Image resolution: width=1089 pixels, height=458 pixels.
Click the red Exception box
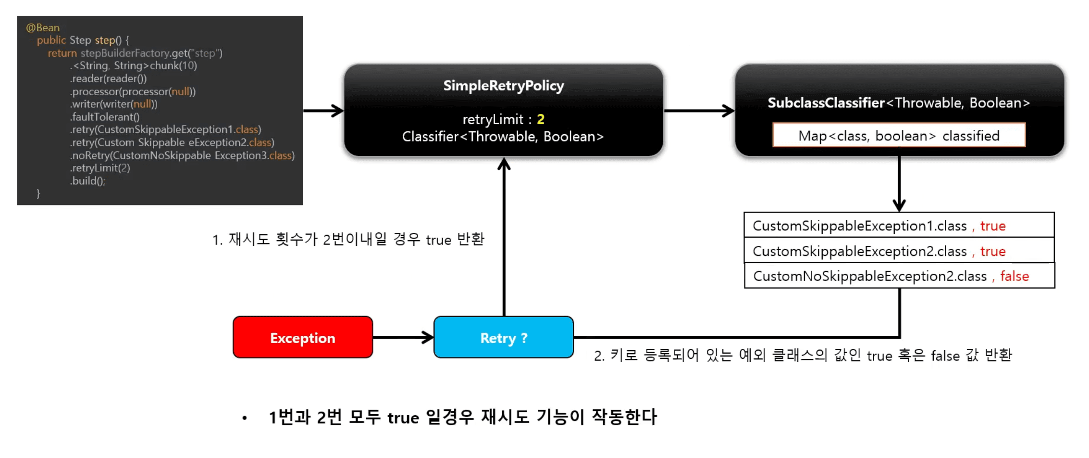(x=303, y=338)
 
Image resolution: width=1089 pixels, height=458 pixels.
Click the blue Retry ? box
(x=503, y=338)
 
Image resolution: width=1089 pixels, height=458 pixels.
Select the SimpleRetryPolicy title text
(x=503, y=86)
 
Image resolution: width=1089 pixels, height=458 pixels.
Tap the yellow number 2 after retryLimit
(x=541, y=119)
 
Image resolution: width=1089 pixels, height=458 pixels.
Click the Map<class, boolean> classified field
(x=899, y=136)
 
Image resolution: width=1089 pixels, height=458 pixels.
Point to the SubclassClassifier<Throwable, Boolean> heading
(x=899, y=103)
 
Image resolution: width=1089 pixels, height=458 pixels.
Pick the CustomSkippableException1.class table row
(x=899, y=226)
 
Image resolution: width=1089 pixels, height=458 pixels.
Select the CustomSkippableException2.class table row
(x=899, y=251)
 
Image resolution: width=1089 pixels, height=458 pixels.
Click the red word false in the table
(x=1015, y=276)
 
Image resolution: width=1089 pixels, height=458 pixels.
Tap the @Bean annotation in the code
(x=43, y=28)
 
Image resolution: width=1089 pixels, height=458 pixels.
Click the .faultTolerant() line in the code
(x=105, y=117)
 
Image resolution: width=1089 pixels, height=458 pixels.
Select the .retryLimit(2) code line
(x=100, y=168)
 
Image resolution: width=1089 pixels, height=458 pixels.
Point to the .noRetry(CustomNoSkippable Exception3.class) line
(x=182, y=155)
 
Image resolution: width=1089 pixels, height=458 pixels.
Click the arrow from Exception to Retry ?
(x=403, y=337)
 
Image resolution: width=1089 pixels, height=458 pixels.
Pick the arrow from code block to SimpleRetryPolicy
(x=323, y=111)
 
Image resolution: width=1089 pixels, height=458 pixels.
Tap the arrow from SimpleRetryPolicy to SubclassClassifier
(x=699, y=111)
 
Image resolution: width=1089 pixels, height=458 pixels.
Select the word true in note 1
(x=438, y=240)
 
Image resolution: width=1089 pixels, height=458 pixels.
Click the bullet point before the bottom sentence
(x=245, y=419)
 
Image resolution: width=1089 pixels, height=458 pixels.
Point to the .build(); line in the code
(x=88, y=181)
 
